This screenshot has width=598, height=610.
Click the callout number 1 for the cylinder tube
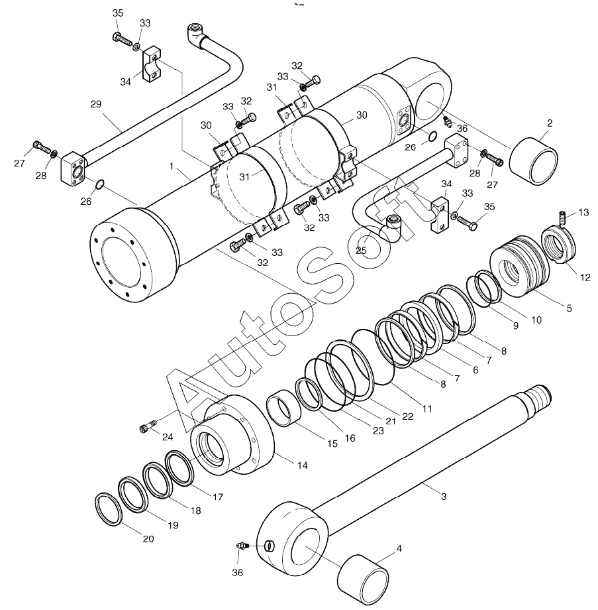172,166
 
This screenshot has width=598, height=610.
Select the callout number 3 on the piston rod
444,496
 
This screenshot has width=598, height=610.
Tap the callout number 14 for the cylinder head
302,465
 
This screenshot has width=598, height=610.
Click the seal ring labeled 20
109,509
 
